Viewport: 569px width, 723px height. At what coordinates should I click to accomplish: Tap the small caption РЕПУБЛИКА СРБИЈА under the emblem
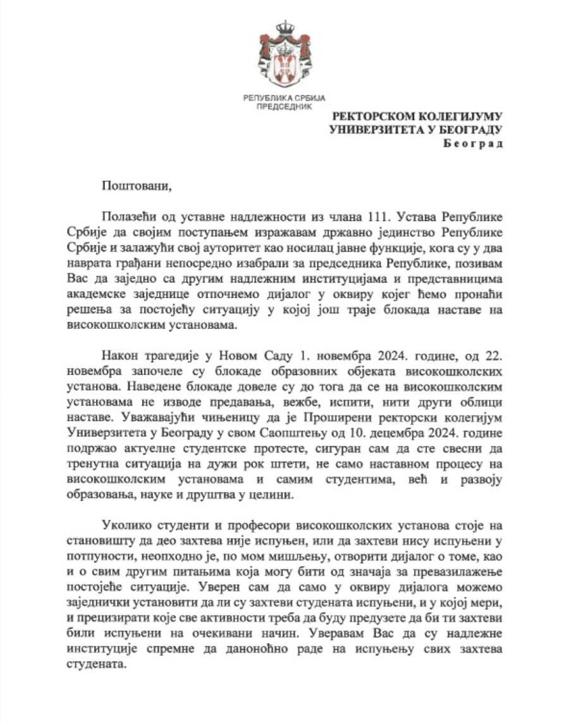tap(284, 98)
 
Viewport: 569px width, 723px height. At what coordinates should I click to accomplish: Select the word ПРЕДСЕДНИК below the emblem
tap(284, 107)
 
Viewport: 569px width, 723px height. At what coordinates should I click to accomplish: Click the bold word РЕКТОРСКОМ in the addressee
tap(374, 116)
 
